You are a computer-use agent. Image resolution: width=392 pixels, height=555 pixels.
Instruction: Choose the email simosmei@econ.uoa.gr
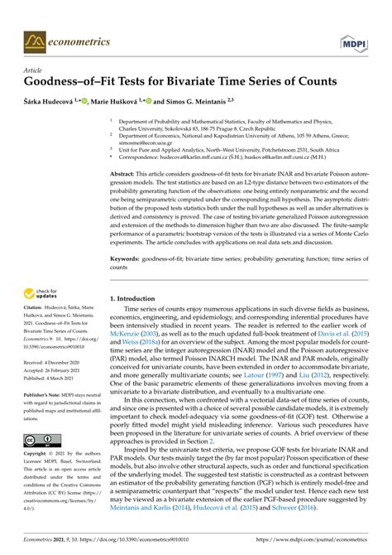pyautogui.click(x=145, y=141)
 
